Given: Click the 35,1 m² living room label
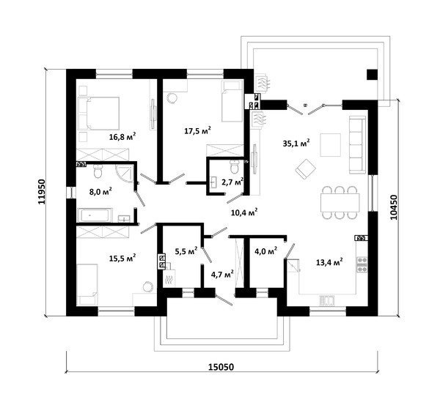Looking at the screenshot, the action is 296,143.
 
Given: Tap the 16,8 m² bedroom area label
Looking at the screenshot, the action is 122,136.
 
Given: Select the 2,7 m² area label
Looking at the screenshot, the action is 232,182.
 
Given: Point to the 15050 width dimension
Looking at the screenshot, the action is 221,367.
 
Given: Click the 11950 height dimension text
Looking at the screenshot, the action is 42,192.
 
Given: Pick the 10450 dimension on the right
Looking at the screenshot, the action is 394,207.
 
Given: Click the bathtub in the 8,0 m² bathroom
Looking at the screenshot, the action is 95,215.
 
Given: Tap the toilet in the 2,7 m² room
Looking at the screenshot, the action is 234,166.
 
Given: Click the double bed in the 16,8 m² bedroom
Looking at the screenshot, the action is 98,114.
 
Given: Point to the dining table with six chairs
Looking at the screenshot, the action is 340,202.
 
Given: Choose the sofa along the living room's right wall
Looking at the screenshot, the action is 357,145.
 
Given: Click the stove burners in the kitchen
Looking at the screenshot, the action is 362,264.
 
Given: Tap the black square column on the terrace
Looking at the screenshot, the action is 372,74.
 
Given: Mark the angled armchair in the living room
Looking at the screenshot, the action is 305,168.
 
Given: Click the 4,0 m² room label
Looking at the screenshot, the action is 265,251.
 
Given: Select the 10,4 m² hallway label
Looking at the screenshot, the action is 244,212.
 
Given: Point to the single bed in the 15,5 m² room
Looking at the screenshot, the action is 87,284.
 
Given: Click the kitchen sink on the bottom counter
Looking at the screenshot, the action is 326,300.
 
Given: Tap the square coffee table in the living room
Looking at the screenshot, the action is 331,144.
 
